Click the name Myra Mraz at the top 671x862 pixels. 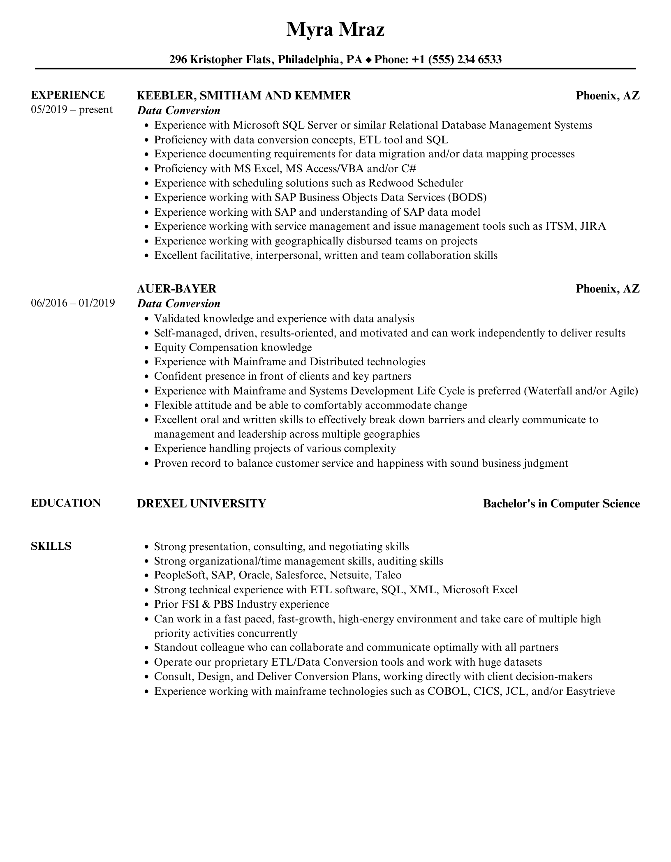coord(335,30)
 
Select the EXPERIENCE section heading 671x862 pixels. coord(68,95)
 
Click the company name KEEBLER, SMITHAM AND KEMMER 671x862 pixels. coord(244,96)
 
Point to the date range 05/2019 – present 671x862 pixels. coord(72,110)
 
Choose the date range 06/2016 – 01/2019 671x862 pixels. coord(73,303)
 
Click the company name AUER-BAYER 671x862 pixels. coord(176,288)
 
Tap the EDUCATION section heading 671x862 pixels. coord(66,503)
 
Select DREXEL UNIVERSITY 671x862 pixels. coord(201,503)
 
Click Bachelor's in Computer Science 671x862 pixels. coord(561,504)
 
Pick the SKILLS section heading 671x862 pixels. coord(51,546)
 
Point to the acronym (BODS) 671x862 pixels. coord(467,197)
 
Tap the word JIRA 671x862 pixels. coord(592,226)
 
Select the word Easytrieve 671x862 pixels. coord(590,691)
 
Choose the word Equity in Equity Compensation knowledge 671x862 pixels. coord(170,348)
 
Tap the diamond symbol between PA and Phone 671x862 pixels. coord(368,60)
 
